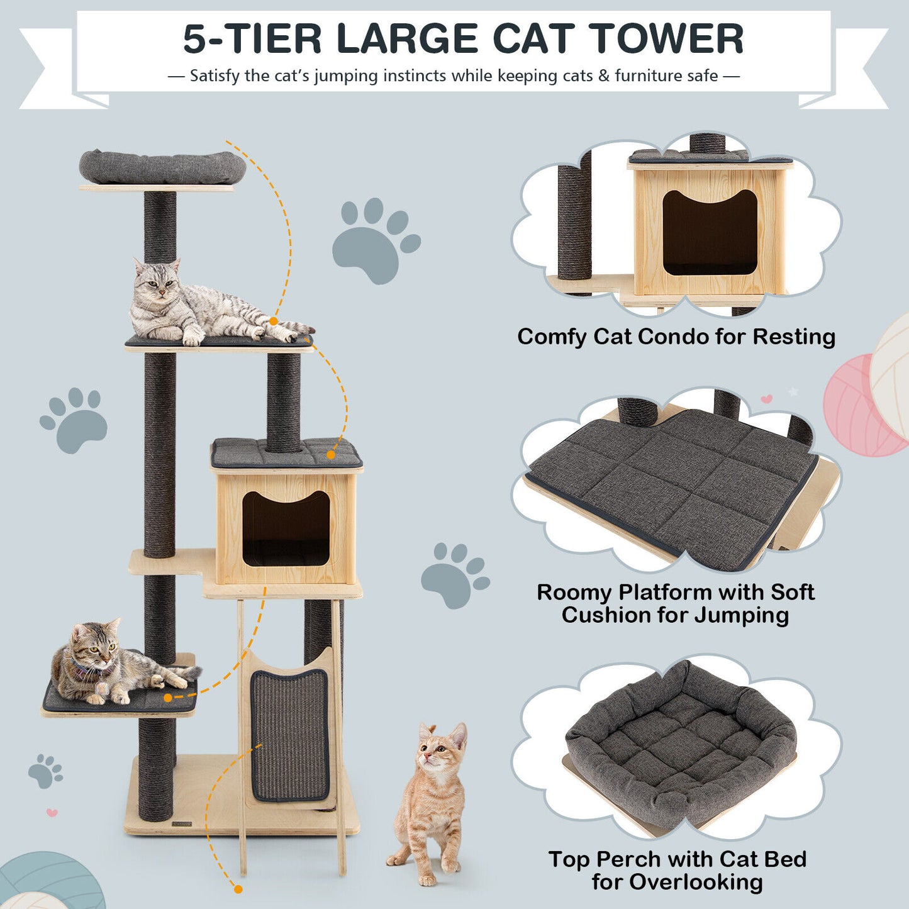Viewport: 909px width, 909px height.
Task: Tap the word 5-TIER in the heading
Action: pos(252,39)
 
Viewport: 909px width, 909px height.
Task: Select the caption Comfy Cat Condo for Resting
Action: pos(676,337)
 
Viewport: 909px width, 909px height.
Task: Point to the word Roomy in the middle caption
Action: pos(574,592)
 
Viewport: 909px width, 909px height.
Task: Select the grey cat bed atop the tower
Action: pos(162,167)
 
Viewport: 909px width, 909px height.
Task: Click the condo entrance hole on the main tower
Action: pos(286,528)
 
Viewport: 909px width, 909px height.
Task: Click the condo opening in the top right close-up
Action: pos(710,233)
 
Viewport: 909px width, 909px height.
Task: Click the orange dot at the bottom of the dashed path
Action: pos(238,889)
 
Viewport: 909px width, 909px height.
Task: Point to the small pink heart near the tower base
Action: pos(52,813)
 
